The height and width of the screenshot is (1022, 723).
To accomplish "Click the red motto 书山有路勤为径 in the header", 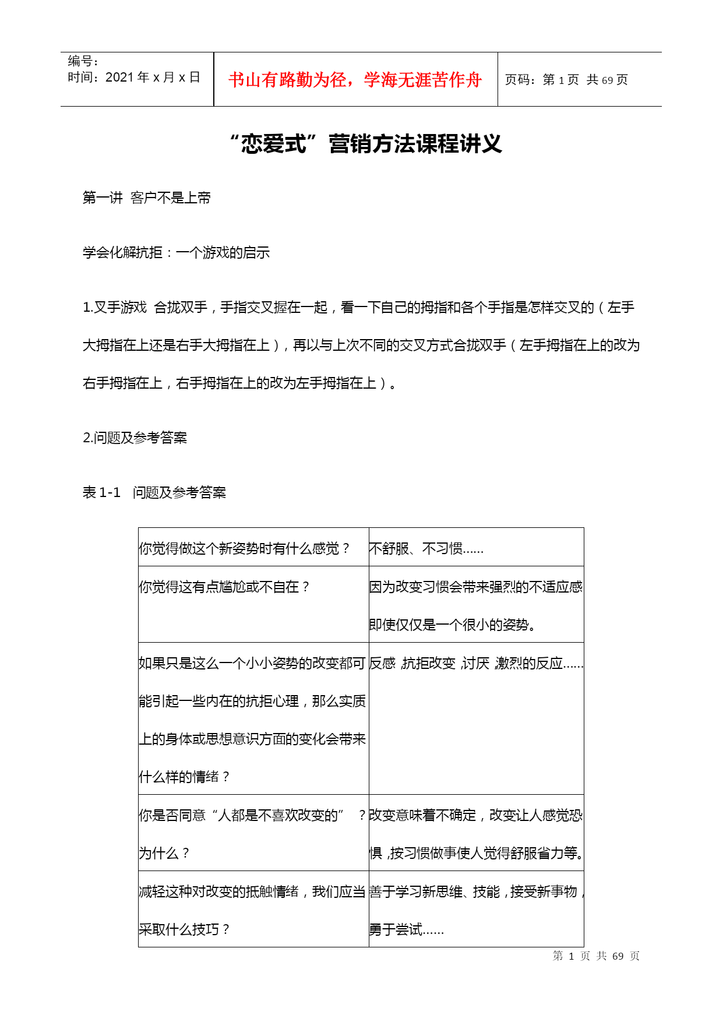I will [355, 80].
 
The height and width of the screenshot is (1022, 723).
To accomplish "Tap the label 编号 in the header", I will [83, 61].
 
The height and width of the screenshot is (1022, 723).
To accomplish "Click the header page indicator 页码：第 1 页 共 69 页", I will [566, 80].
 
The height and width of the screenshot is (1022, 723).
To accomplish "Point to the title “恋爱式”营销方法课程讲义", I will [366, 144].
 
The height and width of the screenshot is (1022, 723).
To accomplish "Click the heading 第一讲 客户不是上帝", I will [147, 198].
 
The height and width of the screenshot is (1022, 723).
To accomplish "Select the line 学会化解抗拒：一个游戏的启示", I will [176, 253].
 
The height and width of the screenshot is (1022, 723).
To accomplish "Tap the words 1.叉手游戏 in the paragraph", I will [115, 308].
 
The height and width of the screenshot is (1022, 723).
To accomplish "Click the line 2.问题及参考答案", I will [135, 438].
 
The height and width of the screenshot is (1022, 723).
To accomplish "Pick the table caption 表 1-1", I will [101, 493].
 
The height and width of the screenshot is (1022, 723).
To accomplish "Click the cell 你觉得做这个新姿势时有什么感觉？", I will [244, 548].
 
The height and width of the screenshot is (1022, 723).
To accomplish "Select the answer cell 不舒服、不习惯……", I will [426, 548].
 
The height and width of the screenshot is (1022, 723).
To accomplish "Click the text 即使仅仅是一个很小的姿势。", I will [453, 625].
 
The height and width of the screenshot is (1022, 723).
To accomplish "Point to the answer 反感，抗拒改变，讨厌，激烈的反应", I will [475, 664].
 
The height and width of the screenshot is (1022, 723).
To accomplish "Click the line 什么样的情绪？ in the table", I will [184, 777].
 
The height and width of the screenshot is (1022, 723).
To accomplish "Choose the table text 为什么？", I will [164, 854].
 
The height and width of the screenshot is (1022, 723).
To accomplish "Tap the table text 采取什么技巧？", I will [184, 929].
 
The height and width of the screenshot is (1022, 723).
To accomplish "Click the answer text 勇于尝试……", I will [406, 930].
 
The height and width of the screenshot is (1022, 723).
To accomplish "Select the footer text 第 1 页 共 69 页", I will [596, 956].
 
